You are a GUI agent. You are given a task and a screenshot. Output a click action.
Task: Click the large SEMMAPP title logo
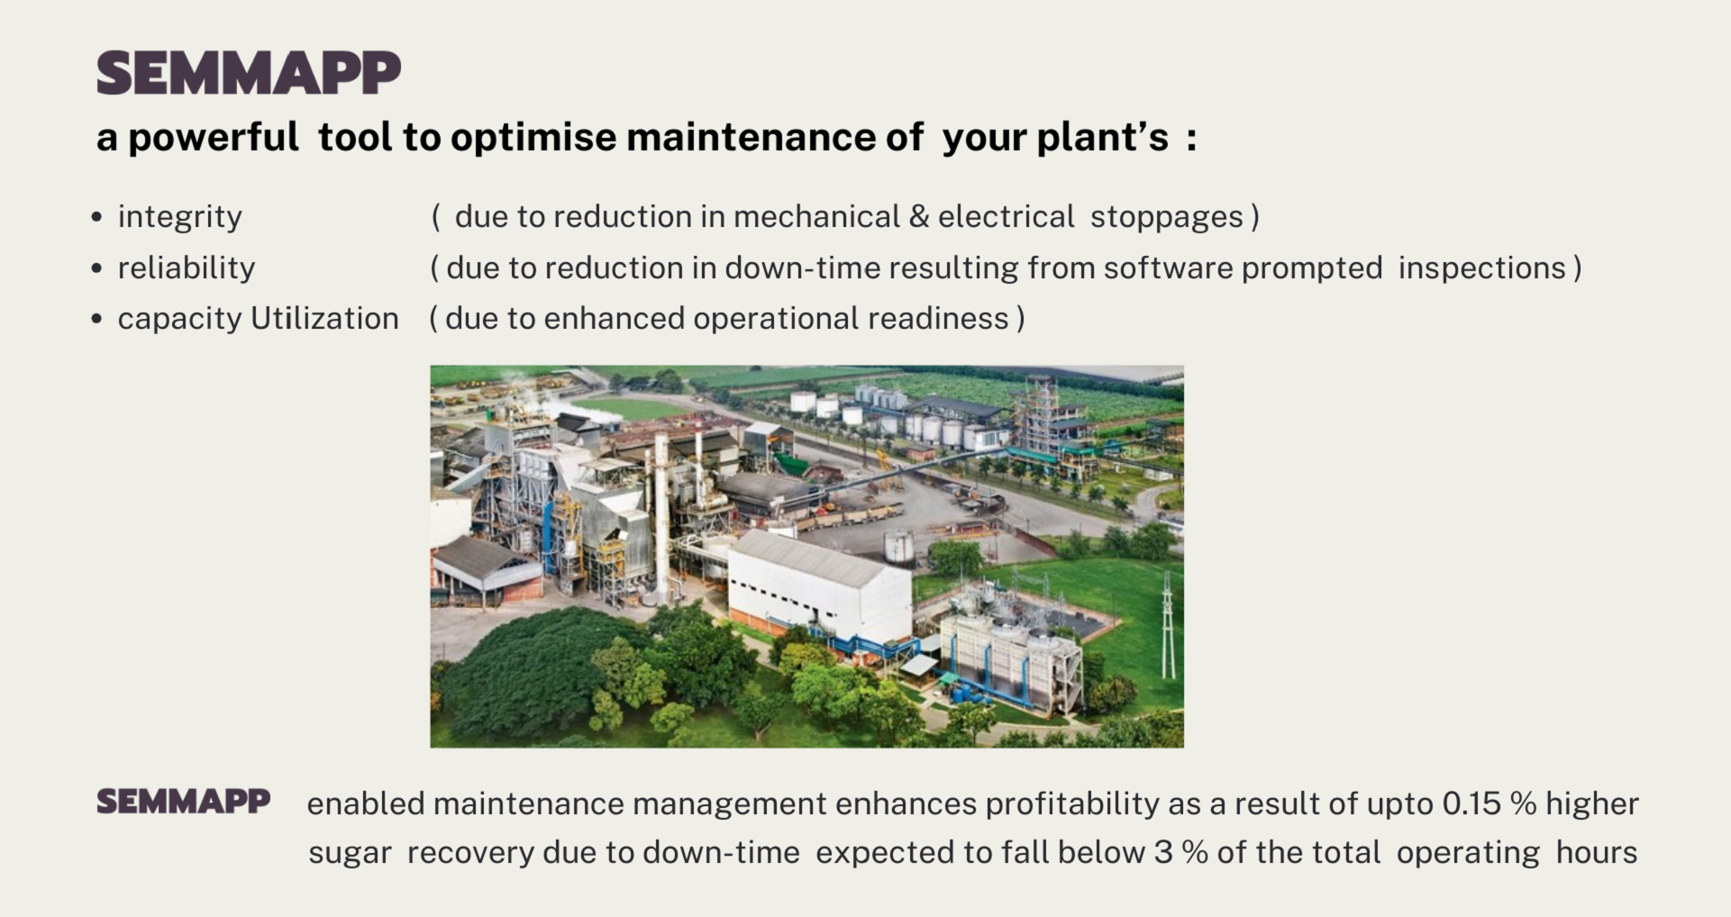(x=249, y=73)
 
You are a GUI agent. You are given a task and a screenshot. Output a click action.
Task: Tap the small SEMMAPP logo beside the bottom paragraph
(x=184, y=801)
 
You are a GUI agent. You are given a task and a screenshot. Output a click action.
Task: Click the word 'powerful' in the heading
(x=214, y=138)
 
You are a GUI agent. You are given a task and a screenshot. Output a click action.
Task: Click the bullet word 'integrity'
(x=180, y=218)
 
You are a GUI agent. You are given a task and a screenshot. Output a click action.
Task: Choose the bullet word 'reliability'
(x=187, y=268)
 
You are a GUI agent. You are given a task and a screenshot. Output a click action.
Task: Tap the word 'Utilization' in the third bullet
(x=324, y=318)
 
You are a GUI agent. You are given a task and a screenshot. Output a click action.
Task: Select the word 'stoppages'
(x=1167, y=218)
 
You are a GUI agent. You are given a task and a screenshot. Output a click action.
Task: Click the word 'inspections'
(x=1482, y=268)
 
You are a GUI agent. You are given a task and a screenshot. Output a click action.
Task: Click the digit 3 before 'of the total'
(x=1163, y=852)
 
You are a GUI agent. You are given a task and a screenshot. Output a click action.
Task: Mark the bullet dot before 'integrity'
(x=96, y=217)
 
